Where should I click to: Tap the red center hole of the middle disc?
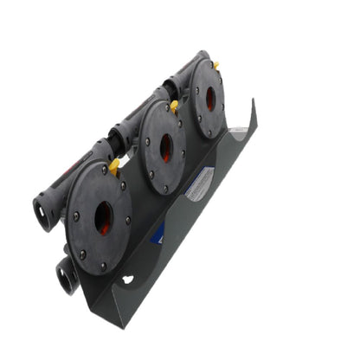pyautogui.click(x=165, y=148)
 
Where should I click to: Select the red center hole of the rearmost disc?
pyautogui.click(x=209, y=99)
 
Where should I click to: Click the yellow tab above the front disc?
pyautogui.click(x=114, y=166)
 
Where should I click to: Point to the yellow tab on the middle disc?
pyautogui.click(x=175, y=106)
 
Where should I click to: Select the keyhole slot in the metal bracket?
pyautogui.click(x=128, y=280)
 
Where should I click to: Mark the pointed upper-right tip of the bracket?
pyautogui.click(x=254, y=100)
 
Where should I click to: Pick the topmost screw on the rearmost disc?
pyautogui.click(x=208, y=64)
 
